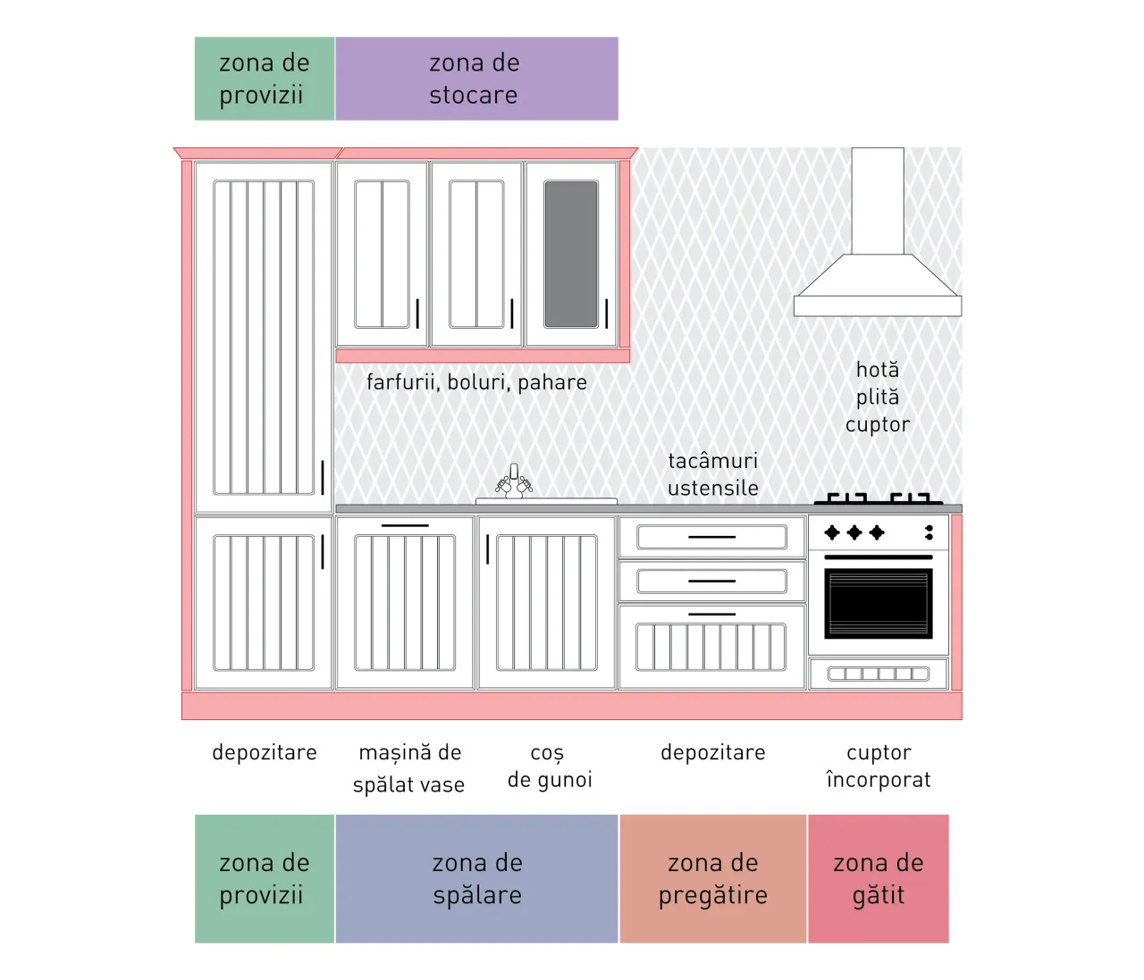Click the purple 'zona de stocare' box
coord(476,79)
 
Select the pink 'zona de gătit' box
coord(879,878)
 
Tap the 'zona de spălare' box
coord(476,878)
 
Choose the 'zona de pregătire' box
coord(713,878)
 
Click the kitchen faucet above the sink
coord(514,482)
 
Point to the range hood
coord(878,232)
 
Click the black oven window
coord(879,603)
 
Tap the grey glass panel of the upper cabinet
coord(571,254)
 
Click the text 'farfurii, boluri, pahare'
coord(476,382)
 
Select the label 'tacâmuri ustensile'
coord(713,474)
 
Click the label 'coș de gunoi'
coord(550,766)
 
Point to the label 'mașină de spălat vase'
coord(409,768)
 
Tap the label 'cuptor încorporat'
coord(879,766)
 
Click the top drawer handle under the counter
coord(711,537)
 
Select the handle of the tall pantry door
coord(323,478)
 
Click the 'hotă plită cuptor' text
coord(878,398)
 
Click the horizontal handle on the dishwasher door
coord(405,525)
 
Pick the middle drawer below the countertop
coord(711,581)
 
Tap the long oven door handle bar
coord(879,557)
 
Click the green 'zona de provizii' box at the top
coord(265,79)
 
